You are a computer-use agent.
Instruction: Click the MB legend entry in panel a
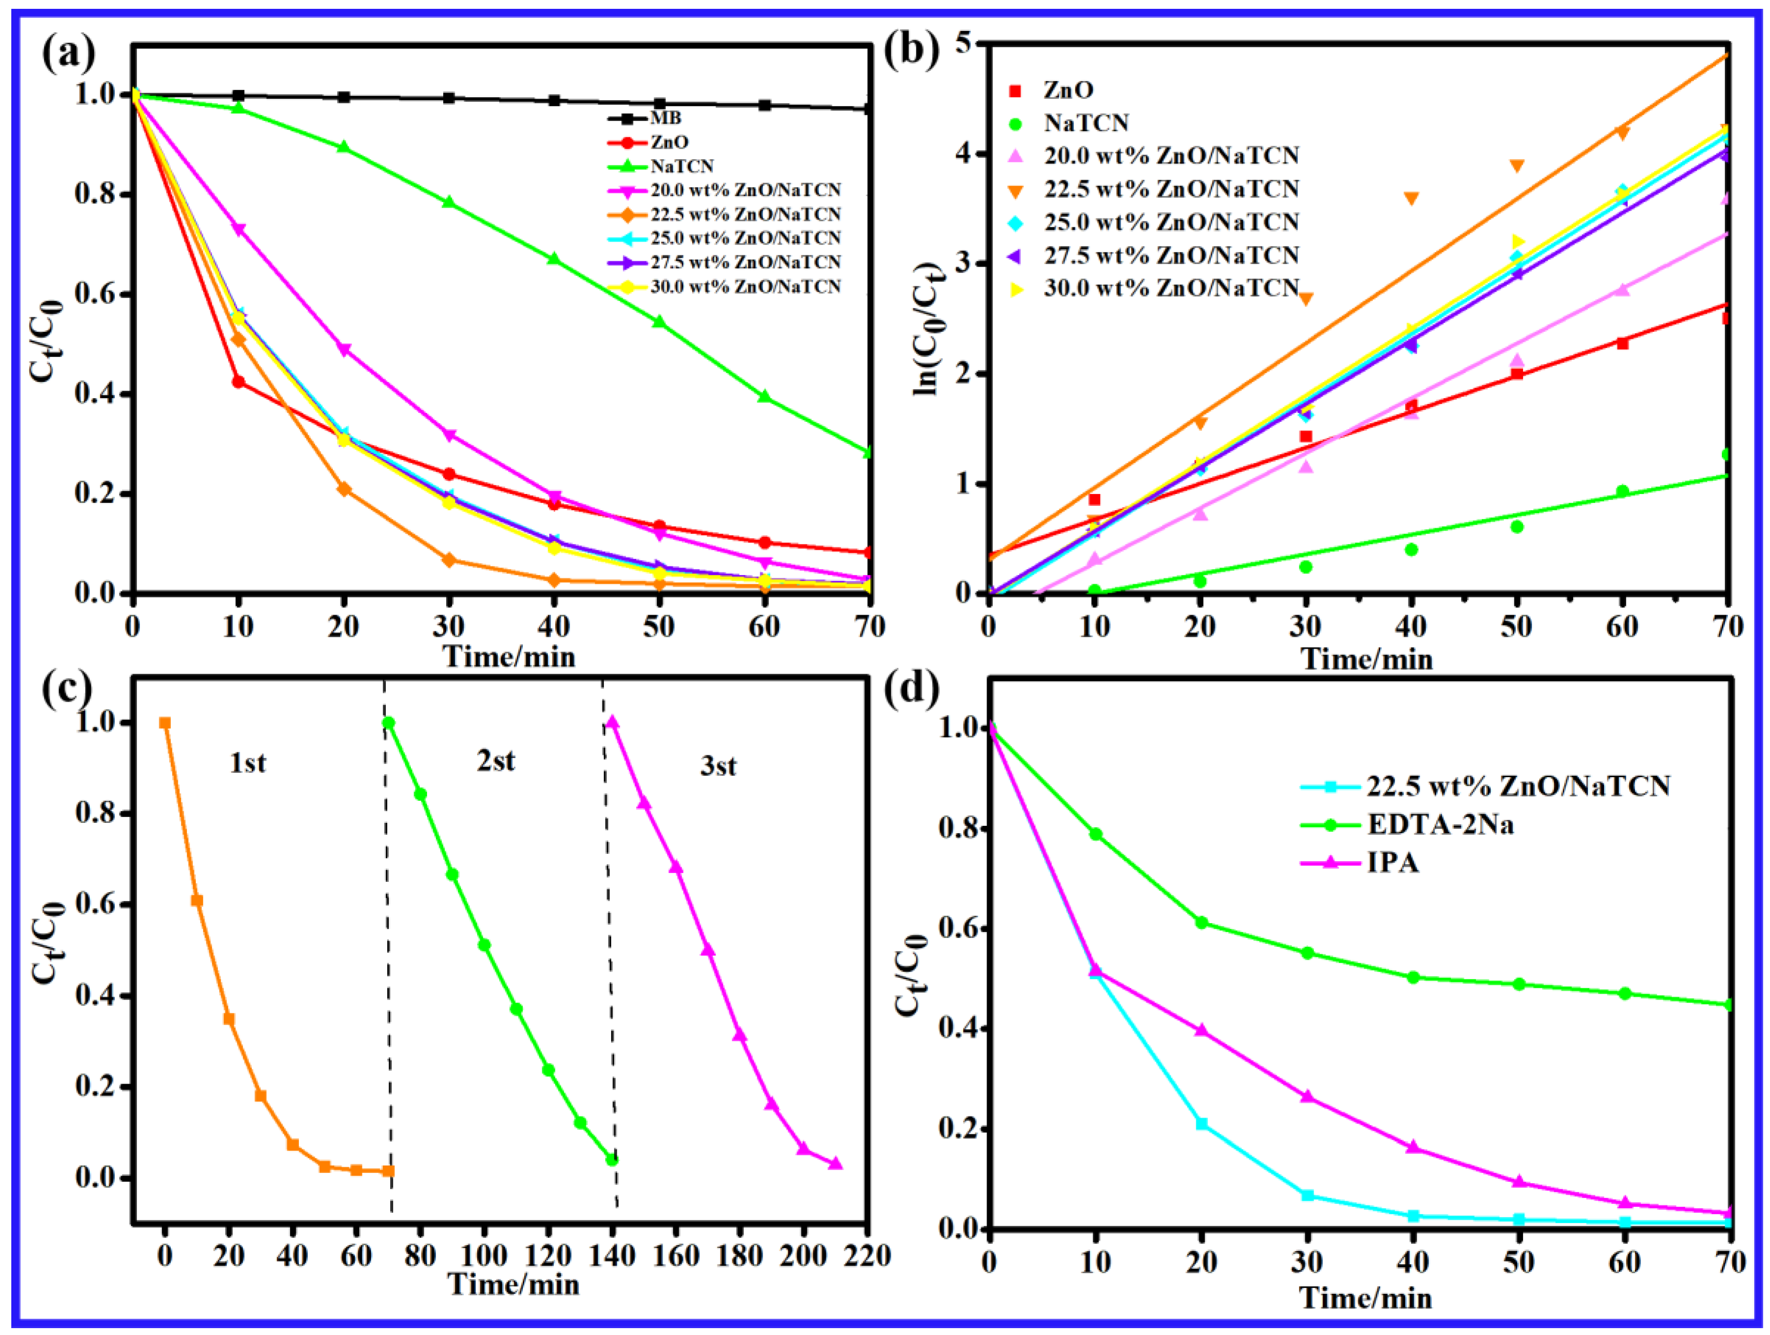[665, 118]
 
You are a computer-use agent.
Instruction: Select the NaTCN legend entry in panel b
[1085, 122]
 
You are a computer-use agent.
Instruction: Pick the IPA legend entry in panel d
[1393, 863]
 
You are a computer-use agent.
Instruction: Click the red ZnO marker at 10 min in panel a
[239, 382]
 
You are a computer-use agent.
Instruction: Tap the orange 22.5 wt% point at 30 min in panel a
[449, 559]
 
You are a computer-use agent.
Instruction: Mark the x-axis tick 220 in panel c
[867, 1255]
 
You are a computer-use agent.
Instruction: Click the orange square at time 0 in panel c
[165, 723]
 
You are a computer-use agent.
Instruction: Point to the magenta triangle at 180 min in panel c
[739, 1035]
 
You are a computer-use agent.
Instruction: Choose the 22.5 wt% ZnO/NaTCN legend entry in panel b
[1171, 189]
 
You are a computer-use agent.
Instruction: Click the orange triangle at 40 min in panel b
[1412, 198]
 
